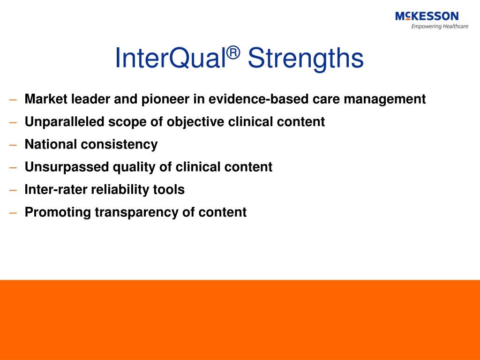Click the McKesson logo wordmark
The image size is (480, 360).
(427, 16)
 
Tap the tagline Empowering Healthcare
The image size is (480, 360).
(440, 26)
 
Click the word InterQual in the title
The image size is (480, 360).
(171, 58)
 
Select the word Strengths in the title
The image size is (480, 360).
(306, 58)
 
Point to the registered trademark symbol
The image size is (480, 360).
(234, 52)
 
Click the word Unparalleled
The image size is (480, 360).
(64, 122)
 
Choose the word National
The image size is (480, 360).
(50, 144)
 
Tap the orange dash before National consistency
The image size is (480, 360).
(13, 145)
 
